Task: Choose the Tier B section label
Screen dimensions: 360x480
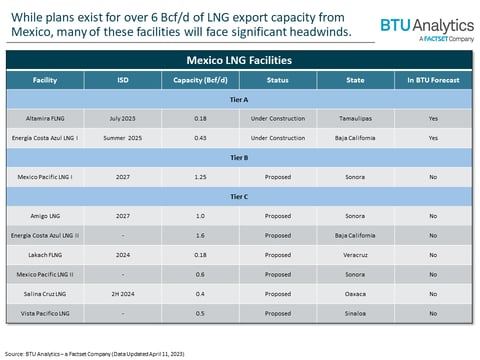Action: point(240,155)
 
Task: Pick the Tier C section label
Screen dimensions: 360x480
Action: point(240,194)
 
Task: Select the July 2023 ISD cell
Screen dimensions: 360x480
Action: point(118,117)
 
